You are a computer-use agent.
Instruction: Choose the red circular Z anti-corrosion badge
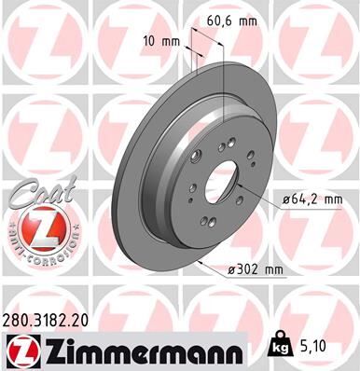(x=37, y=227)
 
